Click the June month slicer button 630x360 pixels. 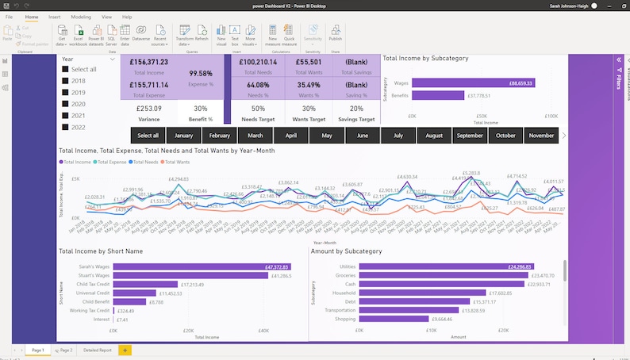coord(362,136)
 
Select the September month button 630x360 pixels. coord(471,136)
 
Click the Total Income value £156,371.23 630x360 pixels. coord(148,61)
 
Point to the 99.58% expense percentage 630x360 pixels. coord(200,73)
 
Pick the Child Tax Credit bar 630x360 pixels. coord(145,284)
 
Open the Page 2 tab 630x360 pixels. coord(63,350)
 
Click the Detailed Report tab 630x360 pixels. coord(98,350)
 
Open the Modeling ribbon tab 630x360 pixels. coord(81,17)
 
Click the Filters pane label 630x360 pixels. coord(618,79)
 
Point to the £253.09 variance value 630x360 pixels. coord(148,109)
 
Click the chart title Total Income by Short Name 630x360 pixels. coord(101,251)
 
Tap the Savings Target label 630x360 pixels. coord(356,119)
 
